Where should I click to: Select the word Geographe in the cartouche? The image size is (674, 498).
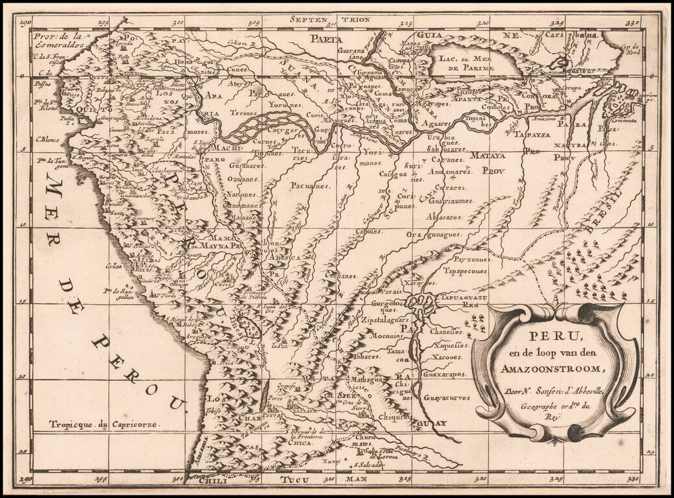(525, 400)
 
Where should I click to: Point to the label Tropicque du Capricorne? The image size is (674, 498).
(105, 424)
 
